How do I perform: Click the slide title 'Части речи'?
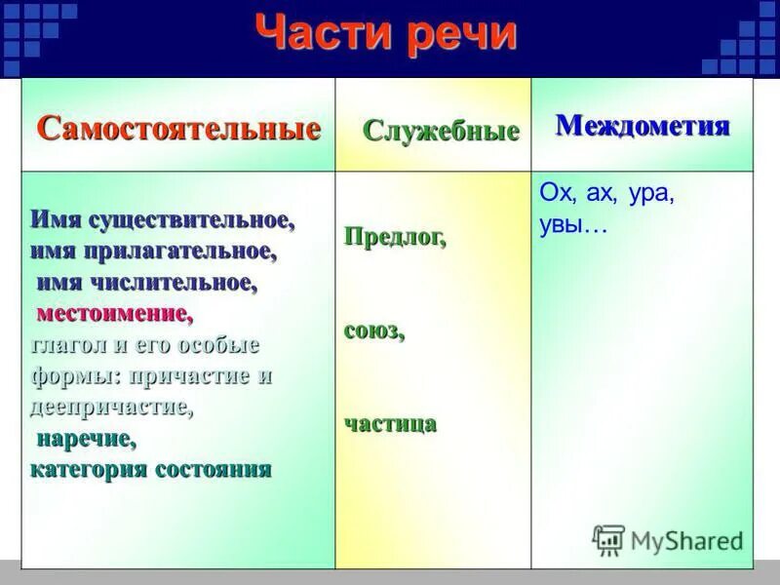[x=385, y=35]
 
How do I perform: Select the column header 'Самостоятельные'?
[x=178, y=129]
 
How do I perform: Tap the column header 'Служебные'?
[x=441, y=132]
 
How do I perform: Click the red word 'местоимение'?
[x=114, y=314]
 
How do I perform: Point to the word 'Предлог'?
[x=395, y=238]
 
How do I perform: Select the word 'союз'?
[x=373, y=331]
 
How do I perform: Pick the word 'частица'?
[x=390, y=423]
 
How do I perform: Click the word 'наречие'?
[x=87, y=439]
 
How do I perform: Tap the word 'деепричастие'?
[x=111, y=408]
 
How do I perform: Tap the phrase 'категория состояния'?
[x=150, y=470]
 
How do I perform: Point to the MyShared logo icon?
[x=608, y=539]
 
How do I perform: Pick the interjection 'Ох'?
[x=554, y=193]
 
